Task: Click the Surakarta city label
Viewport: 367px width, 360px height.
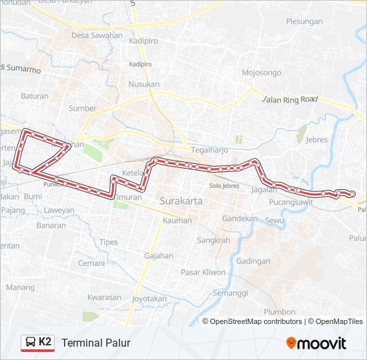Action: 181,200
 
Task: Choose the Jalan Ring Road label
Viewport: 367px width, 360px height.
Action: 289,99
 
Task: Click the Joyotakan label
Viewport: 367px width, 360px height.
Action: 149,299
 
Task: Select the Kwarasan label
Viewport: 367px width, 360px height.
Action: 104,297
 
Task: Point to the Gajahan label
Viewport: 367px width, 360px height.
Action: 158,255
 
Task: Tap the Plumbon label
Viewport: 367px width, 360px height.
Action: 279,311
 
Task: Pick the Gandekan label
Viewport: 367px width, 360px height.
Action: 240,218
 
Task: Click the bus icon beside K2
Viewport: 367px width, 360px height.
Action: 30,343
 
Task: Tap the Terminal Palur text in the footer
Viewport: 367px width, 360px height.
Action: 95,343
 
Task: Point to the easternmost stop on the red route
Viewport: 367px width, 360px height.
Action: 352,194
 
